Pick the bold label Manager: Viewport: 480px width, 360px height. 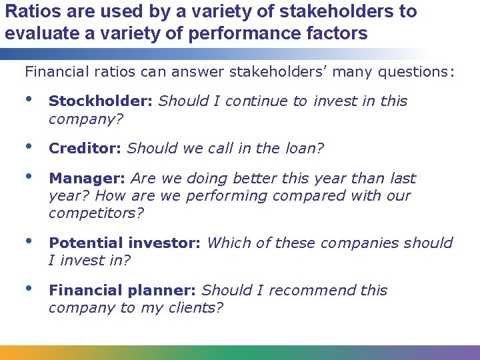(87, 179)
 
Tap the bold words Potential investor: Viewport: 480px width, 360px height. (125, 243)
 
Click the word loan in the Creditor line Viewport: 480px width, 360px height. (303, 148)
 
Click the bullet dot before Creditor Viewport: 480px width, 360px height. (28, 146)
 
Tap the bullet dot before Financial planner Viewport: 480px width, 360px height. (28, 289)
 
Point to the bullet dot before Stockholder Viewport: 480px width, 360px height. (28, 99)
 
